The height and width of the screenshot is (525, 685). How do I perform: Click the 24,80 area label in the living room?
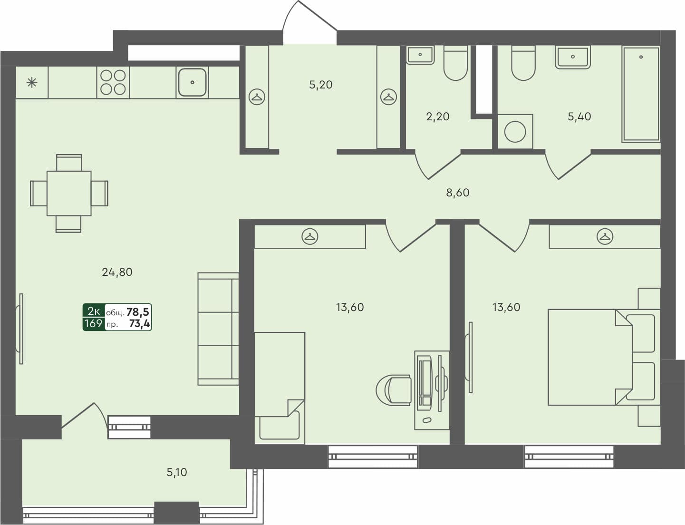coord(117,272)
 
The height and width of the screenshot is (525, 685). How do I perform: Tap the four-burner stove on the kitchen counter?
coord(113,82)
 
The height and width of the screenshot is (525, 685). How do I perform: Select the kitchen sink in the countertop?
coord(192,82)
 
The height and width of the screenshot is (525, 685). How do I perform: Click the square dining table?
coord(69,193)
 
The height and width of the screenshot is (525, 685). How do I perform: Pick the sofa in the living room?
coord(218,329)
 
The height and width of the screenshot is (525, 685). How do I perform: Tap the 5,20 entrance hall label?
coord(321,85)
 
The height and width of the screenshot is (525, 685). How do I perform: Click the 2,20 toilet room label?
coord(437,117)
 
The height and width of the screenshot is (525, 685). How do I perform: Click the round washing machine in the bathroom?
coord(515,131)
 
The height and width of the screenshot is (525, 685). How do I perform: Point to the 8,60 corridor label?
coord(457,193)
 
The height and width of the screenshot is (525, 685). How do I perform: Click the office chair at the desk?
coord(395,389)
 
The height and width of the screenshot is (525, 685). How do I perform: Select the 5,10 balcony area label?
coord(176,472)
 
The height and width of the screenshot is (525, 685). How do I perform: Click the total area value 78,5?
coord(138,312)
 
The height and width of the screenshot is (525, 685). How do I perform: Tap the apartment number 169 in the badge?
coord(93,323)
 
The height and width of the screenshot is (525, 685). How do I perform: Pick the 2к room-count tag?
coord(94,311)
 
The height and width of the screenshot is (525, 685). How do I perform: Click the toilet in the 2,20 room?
coord(455,63)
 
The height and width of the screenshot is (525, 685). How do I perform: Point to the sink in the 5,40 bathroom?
coord(573,57)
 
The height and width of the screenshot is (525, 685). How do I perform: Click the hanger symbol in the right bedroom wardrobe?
coord(605,236)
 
